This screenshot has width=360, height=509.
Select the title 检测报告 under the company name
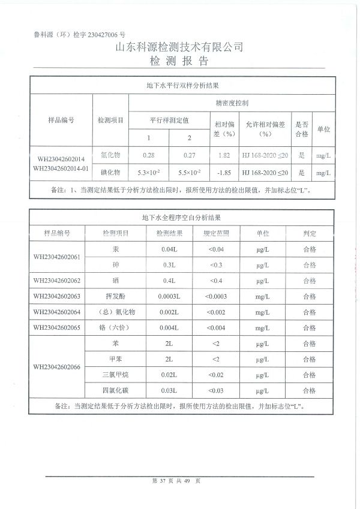pos(179,62)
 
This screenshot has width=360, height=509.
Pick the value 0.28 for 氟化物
pos(149,155)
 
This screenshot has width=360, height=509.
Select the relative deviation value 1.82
pos(223,155)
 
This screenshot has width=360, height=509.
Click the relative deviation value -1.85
pos(223,173)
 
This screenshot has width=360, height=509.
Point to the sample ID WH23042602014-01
pos(62,168)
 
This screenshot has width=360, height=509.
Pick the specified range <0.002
pos(216,312)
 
